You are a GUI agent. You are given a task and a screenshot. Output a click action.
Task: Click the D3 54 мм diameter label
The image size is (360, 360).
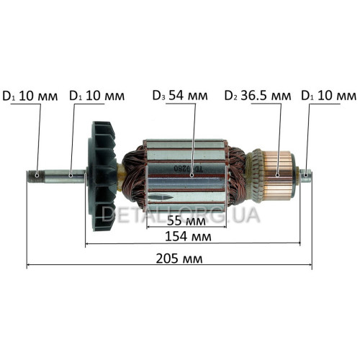(180, 96)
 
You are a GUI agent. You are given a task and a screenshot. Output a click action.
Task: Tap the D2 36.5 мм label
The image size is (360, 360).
(258, 96)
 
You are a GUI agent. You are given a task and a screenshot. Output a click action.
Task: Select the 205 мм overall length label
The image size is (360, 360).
(179, 258)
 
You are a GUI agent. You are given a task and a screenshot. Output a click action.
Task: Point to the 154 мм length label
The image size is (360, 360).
(188, 237)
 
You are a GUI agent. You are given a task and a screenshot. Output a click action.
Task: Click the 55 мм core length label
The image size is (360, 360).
(186, 221)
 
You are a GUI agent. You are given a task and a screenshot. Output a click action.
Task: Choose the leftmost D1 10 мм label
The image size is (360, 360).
(30, 96)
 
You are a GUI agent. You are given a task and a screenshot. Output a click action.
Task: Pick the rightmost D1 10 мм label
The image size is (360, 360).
(328, 96)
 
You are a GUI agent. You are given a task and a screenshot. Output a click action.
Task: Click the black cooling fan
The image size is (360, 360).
(102, 176)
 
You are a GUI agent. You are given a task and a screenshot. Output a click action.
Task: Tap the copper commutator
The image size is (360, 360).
(279, 175)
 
